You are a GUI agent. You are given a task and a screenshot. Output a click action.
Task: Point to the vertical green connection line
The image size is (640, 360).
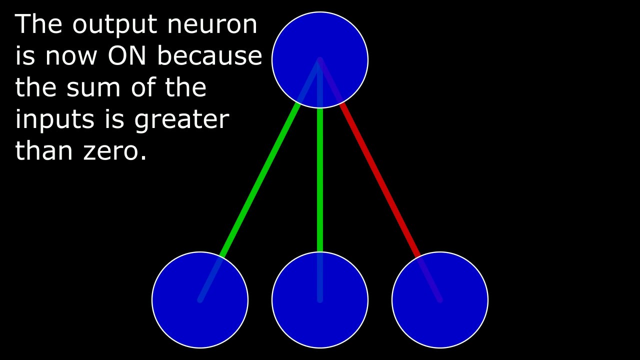click(320, 180)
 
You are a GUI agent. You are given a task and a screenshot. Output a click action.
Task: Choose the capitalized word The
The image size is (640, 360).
click(39, 25)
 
